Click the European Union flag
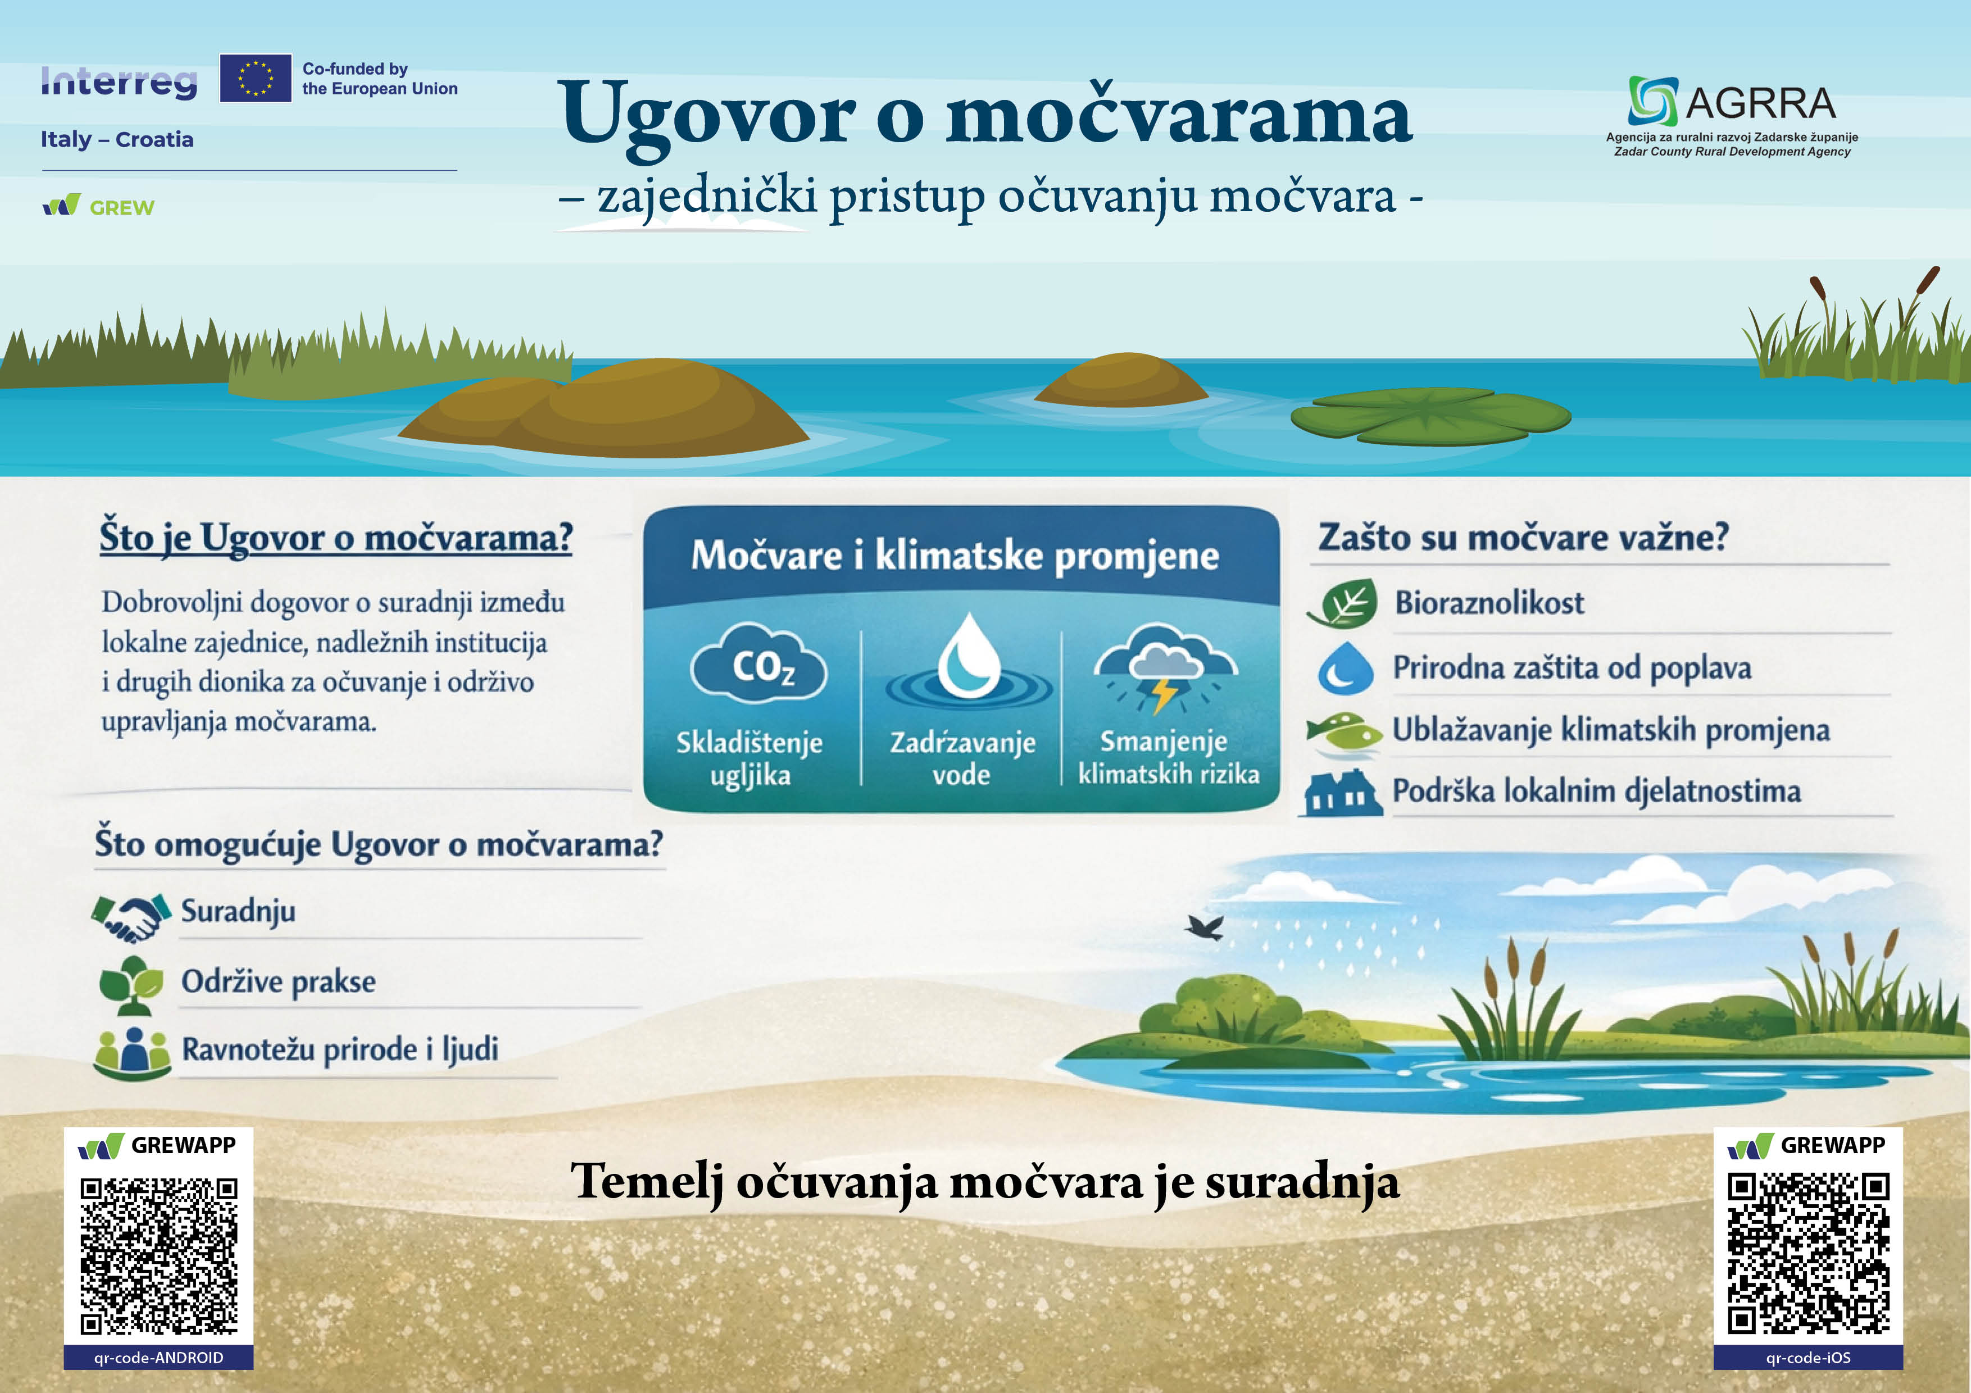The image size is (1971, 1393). (255, 78)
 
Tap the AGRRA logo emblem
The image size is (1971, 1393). (1652, 101)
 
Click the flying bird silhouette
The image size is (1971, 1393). (1205, 927)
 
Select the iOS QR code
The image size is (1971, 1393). (1809, 1253)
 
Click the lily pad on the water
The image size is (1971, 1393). (1431, 416)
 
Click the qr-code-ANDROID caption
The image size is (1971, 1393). (159, 1358)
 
